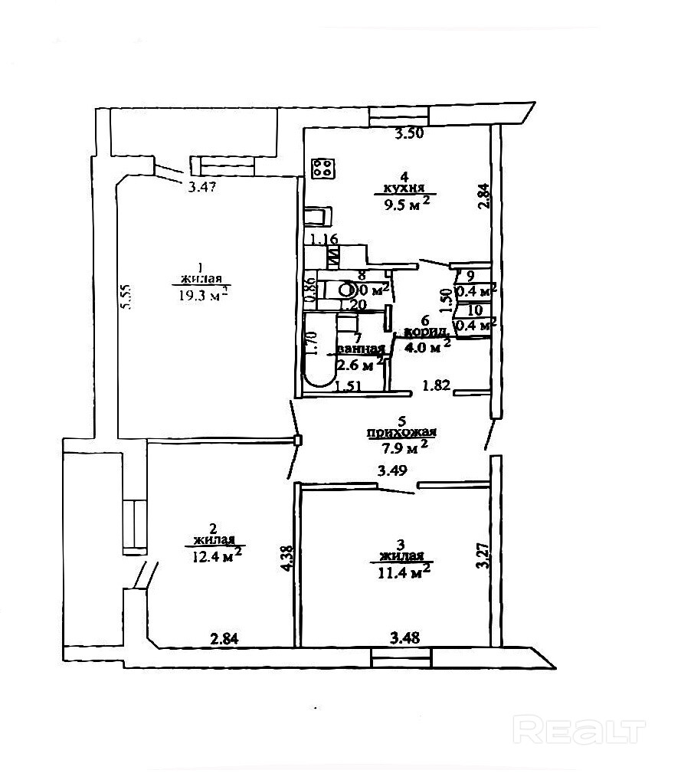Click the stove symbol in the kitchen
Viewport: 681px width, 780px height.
(x=322, y=169)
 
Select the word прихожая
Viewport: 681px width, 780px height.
(x=396, y=433)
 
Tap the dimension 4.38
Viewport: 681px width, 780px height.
(x=286, y=558)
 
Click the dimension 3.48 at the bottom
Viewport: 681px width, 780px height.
(x=404, y=637)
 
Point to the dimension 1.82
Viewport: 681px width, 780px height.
(x=437, y=386)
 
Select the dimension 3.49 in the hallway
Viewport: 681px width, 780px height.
(x=391, y=473)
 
